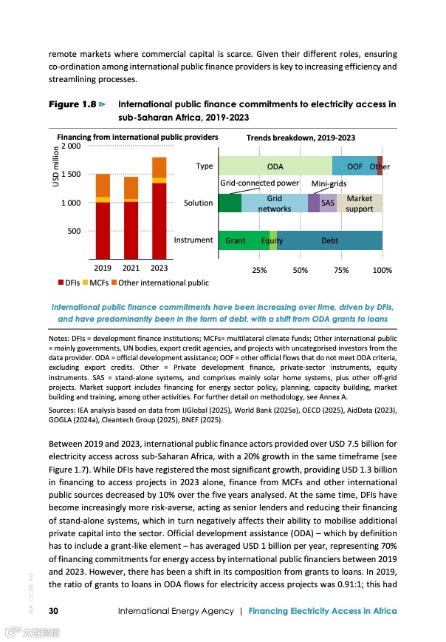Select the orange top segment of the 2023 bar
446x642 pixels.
(x=159, y=167)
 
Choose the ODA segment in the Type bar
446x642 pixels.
(x=275, y=166)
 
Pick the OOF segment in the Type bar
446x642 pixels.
(x=354, y=166)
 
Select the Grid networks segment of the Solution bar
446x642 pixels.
(x=274, y=203)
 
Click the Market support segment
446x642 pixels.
(x=360, y=203)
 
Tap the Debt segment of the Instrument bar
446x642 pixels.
(x=329, y=240)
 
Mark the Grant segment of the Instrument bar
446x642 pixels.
(x=236, y=240)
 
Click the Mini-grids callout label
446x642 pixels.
(x=330, y=183)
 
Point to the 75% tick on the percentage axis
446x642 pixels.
(x=341, y=271)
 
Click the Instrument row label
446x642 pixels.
(x=193, y=240)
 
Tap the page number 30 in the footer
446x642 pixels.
(x=54, y=610)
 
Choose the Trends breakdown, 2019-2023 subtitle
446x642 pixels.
(x=300, y=138)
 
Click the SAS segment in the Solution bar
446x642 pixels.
(x=328, y=203)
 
